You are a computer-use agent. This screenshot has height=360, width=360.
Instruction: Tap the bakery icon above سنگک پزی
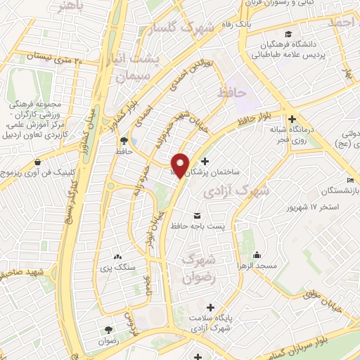tap(117, 257)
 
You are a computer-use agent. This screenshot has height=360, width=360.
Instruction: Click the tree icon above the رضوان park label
tap(108, 330)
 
